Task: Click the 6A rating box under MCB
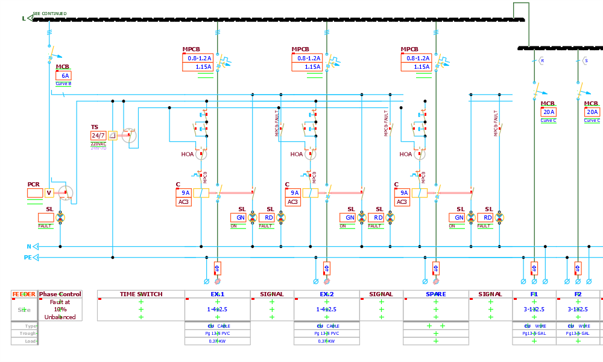pyautogui.click(x=65, y=76)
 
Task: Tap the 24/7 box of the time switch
pyautogui.click(x=98, y=135)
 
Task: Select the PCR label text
pyautogui.click(x=33, y=185)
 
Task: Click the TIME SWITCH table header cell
pyautogui.click(x=141, y=294)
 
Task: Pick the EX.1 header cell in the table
pyautogui.click(x=217, y=294)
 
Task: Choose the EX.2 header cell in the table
pyautogui.click(x=326, y=294)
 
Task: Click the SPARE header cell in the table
pyautogui.click(x=435, y=294)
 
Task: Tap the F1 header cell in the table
pyautogui.click(x=534, y=294)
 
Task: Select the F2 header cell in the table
pyautogui.click(x=578, y=294)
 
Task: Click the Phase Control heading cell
pyautogui.click(x=60, y=294)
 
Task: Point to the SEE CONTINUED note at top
pyautogui.click(x=49, y=13)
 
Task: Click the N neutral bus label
pyautogui.click(x=28, y=246)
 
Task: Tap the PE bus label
pyautogui.click(x=27, y=258)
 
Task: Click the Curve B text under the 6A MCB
pyautogui.click(x=63, y=84)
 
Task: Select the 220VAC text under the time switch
pyautogui.click(x=98, y=144)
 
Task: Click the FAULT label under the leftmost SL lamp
pyautogui.click(x=45, y=226)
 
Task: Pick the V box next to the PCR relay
pyautogui.click(x=49, y=193)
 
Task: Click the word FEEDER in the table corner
pyautogui.click(x=24, y=294)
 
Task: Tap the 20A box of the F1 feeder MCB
pyautogui.click(x=549, y=112)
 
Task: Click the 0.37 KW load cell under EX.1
pyautogui.click(x=217, y=341)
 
